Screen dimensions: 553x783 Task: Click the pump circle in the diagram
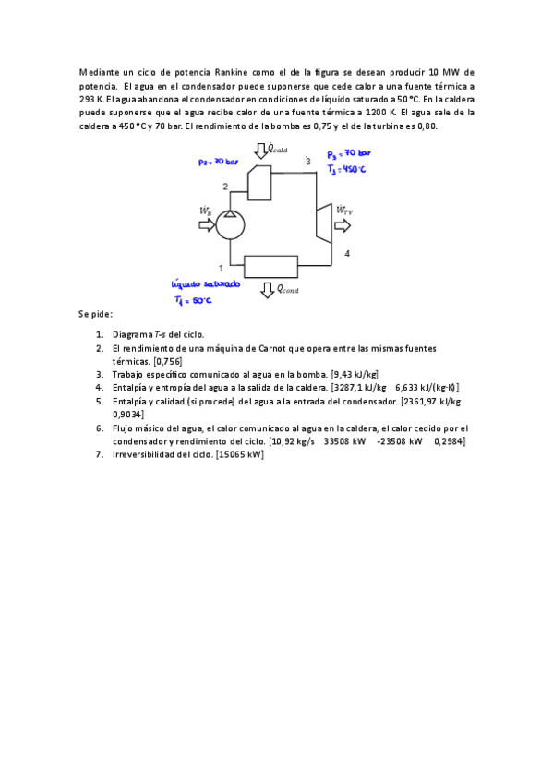[228, 223]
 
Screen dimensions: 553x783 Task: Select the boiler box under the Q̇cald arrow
[260, 182]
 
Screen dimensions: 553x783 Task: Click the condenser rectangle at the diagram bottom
[270, 267]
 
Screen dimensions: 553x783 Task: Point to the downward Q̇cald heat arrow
[261, 151]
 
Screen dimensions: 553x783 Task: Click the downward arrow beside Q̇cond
[267, 290]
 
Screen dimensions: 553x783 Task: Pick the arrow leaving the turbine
[343, 225]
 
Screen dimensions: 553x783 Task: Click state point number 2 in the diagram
[225, 187]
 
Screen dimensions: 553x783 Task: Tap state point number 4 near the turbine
[347, 253]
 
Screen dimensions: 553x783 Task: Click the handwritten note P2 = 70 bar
[219, 163]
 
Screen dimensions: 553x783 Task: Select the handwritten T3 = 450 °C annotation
[347, 169]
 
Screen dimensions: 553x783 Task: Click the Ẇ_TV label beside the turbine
[344, 211]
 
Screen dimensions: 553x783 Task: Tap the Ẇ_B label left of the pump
[205, 210]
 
